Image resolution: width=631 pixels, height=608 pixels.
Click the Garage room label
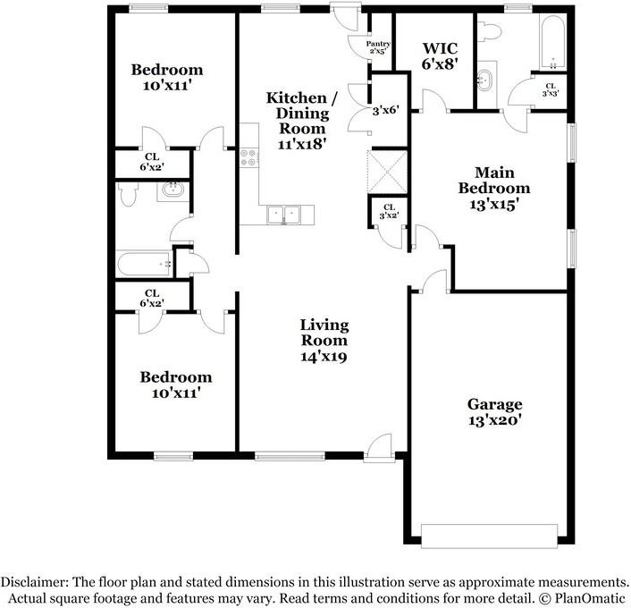pos(493,411)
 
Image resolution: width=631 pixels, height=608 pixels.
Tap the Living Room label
pos(324,340)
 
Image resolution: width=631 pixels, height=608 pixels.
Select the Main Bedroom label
pos(493,188)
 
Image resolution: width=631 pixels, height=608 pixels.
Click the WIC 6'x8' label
pos(440,55)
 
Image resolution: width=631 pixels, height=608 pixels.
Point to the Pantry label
pos(379,46)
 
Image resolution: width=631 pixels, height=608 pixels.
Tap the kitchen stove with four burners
pos(248,158)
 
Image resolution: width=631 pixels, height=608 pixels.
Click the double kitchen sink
pos(288,215)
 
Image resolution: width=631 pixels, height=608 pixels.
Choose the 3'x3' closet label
pos(549,89)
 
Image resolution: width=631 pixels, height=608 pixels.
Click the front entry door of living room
pos(380,447)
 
